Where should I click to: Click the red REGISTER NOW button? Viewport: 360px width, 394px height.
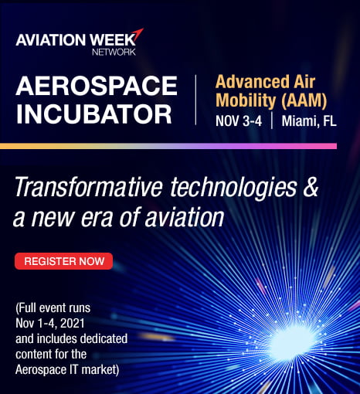click(63, 261)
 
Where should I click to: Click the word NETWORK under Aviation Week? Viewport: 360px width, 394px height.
click(114, 52)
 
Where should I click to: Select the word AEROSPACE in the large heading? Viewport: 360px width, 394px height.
click(97, 86)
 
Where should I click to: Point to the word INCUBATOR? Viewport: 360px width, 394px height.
click(93, 114)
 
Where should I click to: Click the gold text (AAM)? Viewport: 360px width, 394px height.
click(304, 100)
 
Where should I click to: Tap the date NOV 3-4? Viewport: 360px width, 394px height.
click(239, 121)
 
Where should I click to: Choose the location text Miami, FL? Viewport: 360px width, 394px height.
click(309, 121)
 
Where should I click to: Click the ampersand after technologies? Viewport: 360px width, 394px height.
click(311, 187)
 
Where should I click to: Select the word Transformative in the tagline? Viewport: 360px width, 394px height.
click(89, 187)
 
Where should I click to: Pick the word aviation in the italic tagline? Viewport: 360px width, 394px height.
click(185, 218)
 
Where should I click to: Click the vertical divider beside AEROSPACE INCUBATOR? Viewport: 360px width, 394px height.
click(195, 100)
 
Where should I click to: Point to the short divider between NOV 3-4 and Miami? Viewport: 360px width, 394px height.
click(272, 121)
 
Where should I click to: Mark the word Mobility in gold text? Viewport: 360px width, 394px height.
click(246, 100)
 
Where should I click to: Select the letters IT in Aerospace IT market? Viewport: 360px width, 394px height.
click(74, 370)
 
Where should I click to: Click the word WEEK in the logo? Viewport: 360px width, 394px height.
click(113, 40)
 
